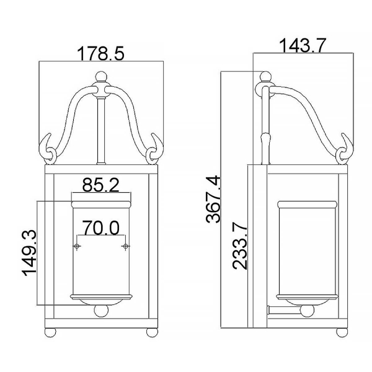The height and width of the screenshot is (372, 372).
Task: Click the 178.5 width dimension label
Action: (101, 53)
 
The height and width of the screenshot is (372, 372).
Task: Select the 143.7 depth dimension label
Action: (302, 45)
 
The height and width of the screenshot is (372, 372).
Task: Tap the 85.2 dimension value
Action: (100, 185)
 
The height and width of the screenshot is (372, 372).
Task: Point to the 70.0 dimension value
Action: (101, 228)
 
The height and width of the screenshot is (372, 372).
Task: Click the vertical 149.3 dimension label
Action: (30, 254)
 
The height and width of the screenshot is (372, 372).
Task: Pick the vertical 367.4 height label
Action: (213, 200)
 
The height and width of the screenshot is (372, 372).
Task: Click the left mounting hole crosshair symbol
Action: (76, 246)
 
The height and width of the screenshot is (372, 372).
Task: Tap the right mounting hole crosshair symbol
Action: (125, 246)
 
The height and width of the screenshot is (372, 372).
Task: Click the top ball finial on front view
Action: (101, 77)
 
